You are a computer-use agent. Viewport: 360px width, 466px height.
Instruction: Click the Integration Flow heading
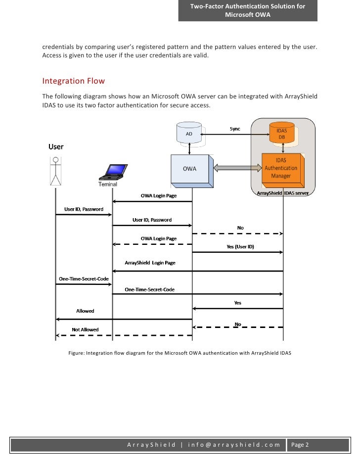pyautogui.click(x=74, y=81)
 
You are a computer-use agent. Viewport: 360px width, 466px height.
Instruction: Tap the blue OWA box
pyautogui.click(x=190, y=169)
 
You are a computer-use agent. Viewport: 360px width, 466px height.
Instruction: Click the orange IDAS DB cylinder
pyautogui.click(x=281, y=134)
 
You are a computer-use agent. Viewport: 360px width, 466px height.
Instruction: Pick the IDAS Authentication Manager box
pyautogui.click(x=280, y=168)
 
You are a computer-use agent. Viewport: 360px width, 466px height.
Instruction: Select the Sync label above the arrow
pyautogui.click(x=235, y=129)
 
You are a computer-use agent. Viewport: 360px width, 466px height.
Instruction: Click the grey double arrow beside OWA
pyautogui.click(x=237, y=168)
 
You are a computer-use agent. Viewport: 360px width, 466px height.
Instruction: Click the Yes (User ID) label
pyautogui.click(x=240, y=246)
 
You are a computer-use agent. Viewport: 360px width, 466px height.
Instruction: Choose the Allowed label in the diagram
pyautogui.click(x=85, y=311)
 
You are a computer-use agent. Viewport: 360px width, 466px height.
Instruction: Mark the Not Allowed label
pyautogui.click(x=85, y=329)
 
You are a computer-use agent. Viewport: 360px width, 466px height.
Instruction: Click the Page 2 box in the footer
pyautogui.click(x=300, y=445)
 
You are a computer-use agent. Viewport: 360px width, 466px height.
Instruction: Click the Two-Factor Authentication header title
pyautogui.click(x=248, y=10)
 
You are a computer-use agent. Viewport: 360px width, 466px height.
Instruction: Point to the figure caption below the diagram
pyautogui.click(x=180, y=353)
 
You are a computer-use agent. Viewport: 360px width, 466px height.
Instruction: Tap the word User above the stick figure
pyautogui.click(x=56, y=147)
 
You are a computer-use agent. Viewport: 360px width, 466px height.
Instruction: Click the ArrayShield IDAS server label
pyautogui.click(x=283, y=193)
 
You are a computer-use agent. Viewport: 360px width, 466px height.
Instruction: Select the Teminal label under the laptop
pyautogui.click(x=108, y=185)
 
